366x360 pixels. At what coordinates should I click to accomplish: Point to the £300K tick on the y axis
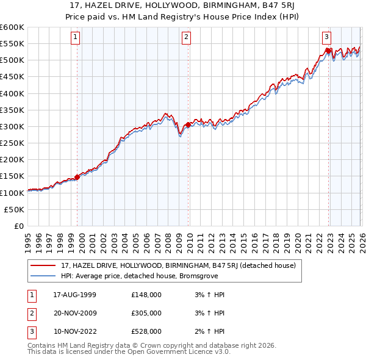tap(13, 126)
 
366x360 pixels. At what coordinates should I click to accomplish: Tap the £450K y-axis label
tap(13, 77)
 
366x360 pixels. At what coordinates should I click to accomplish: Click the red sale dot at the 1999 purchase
tap(77, 177)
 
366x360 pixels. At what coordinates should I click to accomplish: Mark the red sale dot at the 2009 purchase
tap(187, 124)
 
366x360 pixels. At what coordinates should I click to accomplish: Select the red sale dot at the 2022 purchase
tap(328, 51)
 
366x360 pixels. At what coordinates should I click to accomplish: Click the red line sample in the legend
tap(43, 265)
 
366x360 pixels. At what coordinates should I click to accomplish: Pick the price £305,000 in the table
tap(146, 313)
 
